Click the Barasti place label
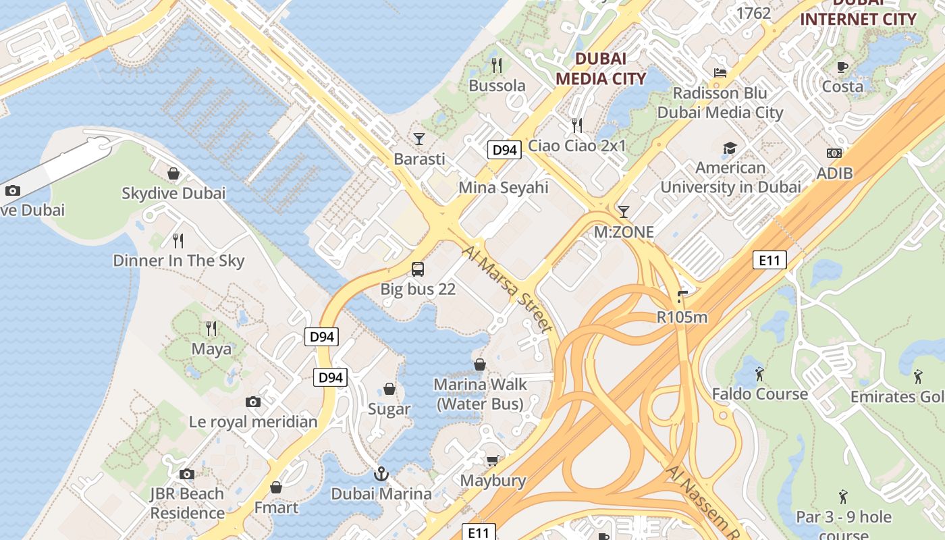point(419,159)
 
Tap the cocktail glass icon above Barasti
point(419,139)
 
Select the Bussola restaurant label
point(497,86)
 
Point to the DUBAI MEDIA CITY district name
point(601,68)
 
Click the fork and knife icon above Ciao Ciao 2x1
point(577,126)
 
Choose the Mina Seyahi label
point(504,187)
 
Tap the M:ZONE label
point(624,232)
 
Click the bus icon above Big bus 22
point(418,269)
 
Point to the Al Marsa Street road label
point(508,288)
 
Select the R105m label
point(682,317)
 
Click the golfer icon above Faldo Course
point(759,374)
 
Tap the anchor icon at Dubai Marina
point(381,474)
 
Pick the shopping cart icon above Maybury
point(493,460)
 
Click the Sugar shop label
point(389,409)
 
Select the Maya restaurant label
point(211,349)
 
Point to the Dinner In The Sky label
point(178,261)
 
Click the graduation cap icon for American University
point(730,148)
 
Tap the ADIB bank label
point(834,173)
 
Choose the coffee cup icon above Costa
point(842,67)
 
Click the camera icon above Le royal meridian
point(253,402)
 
